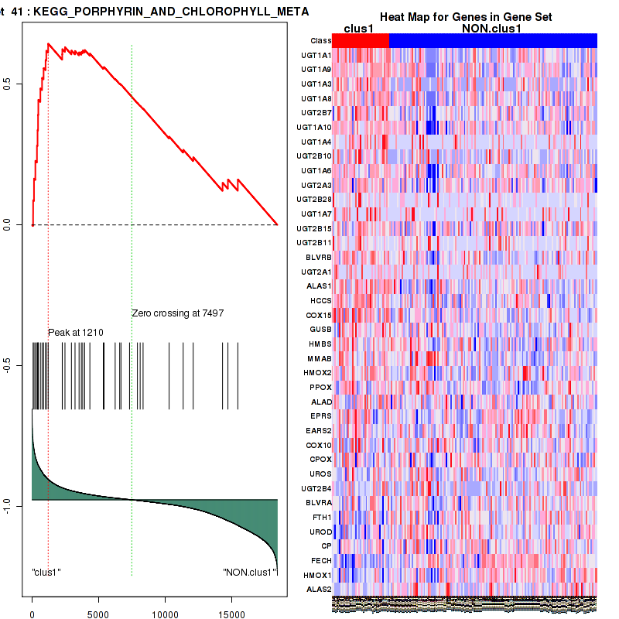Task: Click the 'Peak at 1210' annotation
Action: [76, 333]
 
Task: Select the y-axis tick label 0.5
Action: [8, 83]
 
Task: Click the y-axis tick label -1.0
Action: [8, 504]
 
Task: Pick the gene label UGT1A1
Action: [316, 56]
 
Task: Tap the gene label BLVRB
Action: [320, 257]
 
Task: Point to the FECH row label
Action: [321, 560]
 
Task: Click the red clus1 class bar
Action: [360, 40]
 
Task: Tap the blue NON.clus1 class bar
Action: [493, 40]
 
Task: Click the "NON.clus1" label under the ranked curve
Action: [249, 573]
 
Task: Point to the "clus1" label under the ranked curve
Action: [46, 573]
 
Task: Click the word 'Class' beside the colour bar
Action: [320, 40]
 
